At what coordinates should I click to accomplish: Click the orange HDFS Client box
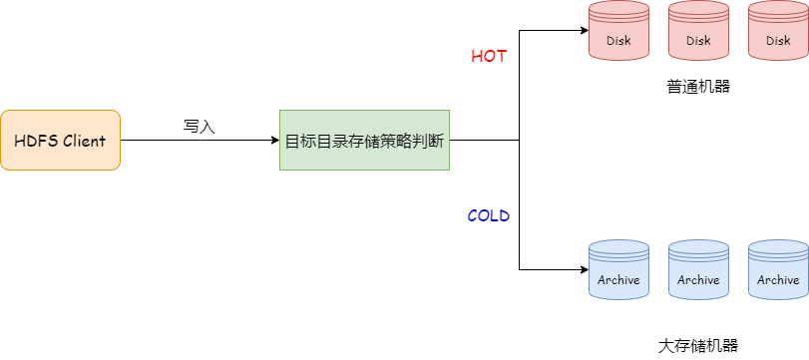60,140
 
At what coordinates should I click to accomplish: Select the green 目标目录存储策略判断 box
364,140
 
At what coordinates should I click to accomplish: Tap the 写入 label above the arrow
200,127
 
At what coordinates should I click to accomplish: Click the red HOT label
489,56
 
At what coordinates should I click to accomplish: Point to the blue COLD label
489,215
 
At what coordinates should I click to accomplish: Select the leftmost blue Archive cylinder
618,269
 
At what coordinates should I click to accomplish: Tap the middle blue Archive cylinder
698,269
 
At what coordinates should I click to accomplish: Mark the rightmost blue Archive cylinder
778,269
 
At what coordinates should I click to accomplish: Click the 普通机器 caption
698,87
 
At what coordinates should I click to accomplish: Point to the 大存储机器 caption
698,346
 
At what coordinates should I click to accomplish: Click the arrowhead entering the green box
275,140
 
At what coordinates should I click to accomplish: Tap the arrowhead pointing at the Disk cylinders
584,30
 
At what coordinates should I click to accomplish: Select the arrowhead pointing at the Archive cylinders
584,269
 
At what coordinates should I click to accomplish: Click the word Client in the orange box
84,141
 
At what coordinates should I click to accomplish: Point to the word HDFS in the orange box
36,141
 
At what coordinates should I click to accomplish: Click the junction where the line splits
520,140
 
